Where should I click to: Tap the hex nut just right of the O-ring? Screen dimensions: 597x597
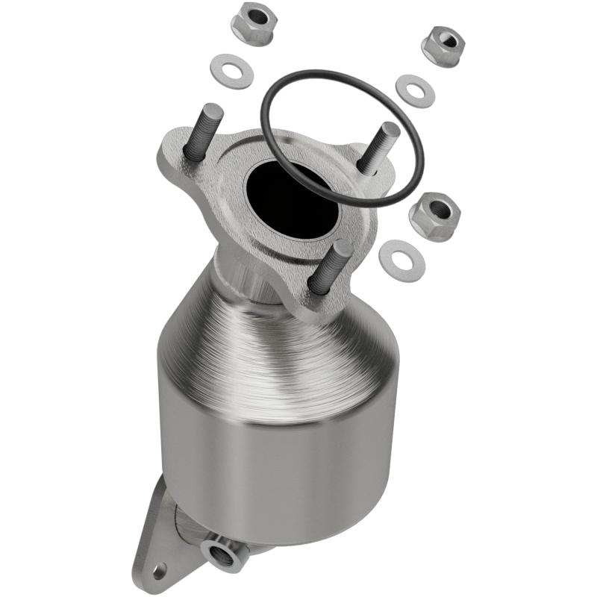pyautogui.click(x=434, y=216)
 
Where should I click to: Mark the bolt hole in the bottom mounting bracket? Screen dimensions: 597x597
pyautogui.click(x=159, y=572)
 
